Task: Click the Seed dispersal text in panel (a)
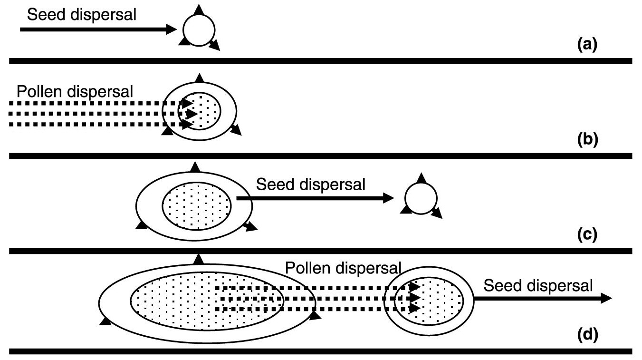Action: (82, 15)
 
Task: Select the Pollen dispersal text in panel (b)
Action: (75, 91)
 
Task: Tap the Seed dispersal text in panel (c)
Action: (311, 185)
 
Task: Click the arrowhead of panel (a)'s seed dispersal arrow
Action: (171, 29)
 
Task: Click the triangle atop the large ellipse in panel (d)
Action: (199, 259)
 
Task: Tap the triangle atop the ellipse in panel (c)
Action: (194, 166)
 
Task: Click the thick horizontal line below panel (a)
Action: (321, 60)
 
